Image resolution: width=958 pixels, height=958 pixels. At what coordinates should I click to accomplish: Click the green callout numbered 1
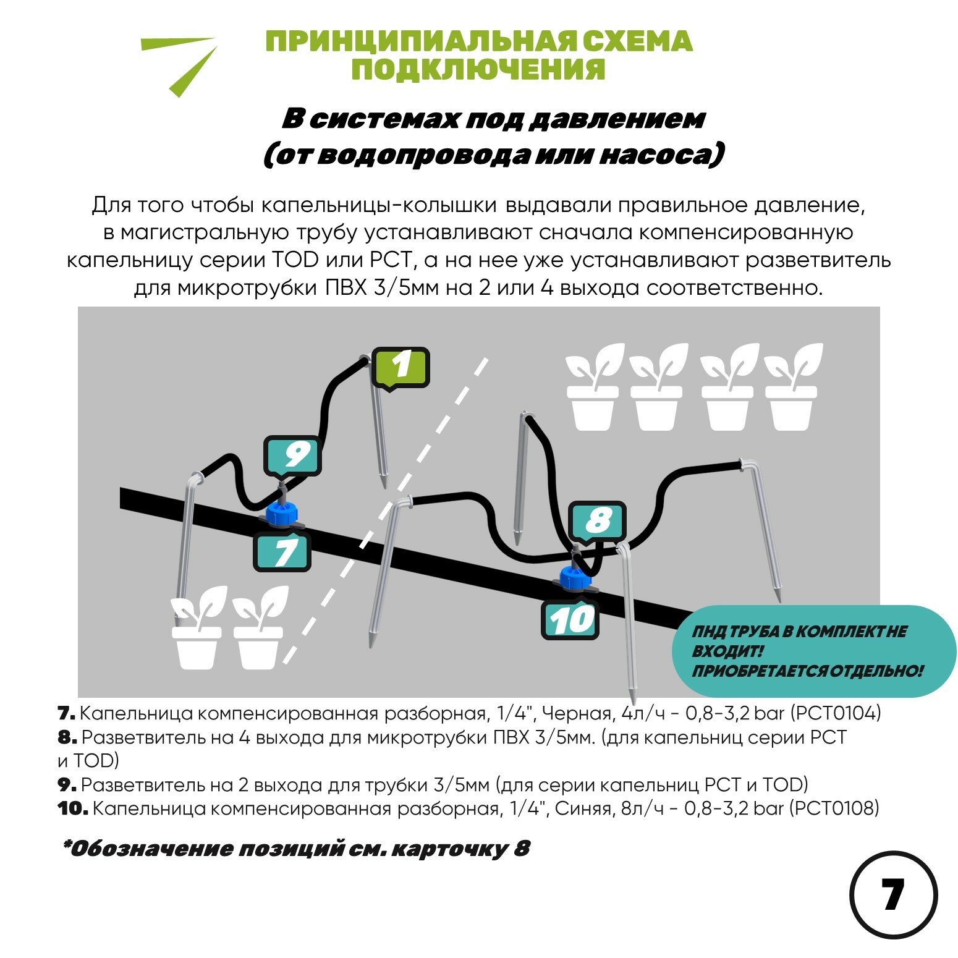[x=401, y=367]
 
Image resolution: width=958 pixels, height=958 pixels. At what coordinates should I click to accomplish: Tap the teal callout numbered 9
[x=292, y=456]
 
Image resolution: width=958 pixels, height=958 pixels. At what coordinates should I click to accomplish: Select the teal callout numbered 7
[x=282, y=552]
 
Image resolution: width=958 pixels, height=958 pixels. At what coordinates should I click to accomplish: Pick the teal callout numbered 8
[x=597, y=521]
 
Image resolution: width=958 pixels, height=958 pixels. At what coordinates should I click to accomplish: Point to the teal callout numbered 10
[x=570, y=620]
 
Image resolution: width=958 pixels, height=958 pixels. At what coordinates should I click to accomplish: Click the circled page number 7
[x=893, y=895]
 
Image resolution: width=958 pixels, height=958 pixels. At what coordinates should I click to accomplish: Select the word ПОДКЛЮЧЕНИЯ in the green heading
[x=478, y=69]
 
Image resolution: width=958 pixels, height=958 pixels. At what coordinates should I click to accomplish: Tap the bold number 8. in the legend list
[x=67, y=737]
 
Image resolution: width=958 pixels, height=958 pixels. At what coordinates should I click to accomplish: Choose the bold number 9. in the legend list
[x=67, y=785]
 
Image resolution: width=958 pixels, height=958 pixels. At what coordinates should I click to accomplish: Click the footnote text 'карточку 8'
[x=460, y=849]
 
